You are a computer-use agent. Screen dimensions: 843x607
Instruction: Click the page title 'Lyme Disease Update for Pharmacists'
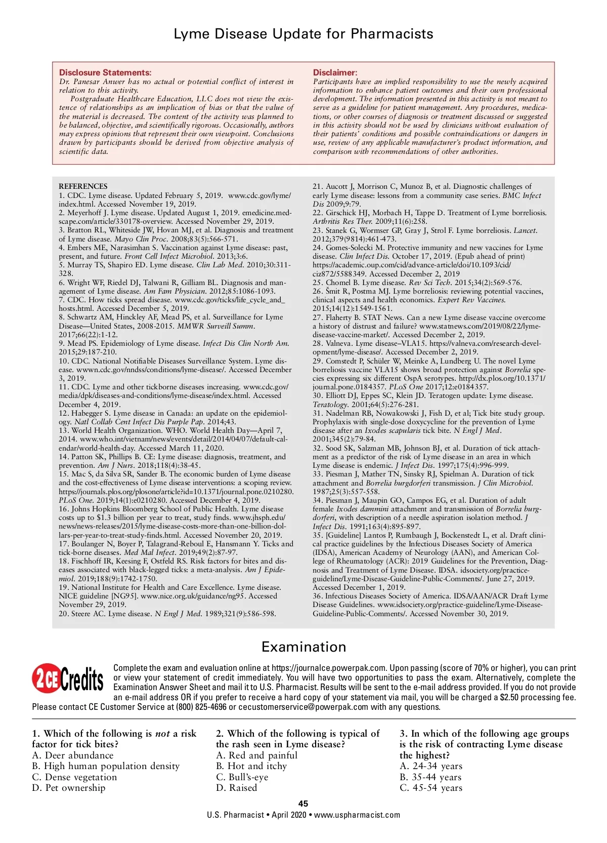(303, 34)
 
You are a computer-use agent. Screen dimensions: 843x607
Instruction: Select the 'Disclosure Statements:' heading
(105, 72)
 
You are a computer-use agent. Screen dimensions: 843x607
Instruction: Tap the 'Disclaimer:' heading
(335, 72)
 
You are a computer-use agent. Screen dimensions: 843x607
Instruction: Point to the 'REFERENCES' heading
(83, 186)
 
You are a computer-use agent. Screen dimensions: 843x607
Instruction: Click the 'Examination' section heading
(303, 647)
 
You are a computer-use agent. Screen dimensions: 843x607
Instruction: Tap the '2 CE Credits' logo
(68, 678)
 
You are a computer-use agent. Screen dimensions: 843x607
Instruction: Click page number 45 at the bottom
(303, 804)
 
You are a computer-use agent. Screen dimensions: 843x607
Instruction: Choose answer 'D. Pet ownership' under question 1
(69, 788)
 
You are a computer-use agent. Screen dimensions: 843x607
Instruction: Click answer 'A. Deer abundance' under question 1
(73, 755)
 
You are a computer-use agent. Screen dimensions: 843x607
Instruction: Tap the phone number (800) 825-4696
(201, 707)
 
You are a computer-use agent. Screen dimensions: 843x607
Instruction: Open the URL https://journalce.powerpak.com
(329, 668)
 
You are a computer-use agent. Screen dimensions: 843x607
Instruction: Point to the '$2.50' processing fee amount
(509, 697)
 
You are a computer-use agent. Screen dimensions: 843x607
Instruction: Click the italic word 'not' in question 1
(162, 734)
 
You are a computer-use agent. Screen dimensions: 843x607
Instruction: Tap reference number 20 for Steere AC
(63, 614)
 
